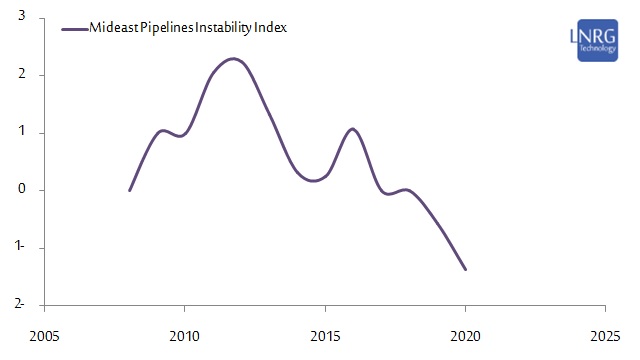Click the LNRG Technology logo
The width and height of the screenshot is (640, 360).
pyautogui.click(x=597, y=40)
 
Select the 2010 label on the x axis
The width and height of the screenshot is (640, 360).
pyautogui.click(x=184, y=334)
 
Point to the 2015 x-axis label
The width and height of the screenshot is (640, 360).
pyautogui.click(x=325, y=334)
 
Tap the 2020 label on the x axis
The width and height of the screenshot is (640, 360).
pyautogui.click(x=465, y=334)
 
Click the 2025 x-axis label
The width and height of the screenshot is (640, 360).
pyautogui.click(x=605, y=334)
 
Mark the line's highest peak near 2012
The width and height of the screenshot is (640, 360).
pyautogui.click(x=233, y=59)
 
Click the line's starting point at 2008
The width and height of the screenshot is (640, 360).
pyautogui.click(x=129, y=190)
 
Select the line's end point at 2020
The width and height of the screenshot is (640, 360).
pyautogui.click(x=465, y=269)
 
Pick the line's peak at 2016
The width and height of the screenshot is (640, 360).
pyautogui.click(x=352, y=129)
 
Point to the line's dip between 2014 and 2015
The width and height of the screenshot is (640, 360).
pyautogui.click(x=314, y=181)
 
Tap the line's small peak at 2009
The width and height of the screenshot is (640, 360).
pyautogui.click(x=162, y=131)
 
